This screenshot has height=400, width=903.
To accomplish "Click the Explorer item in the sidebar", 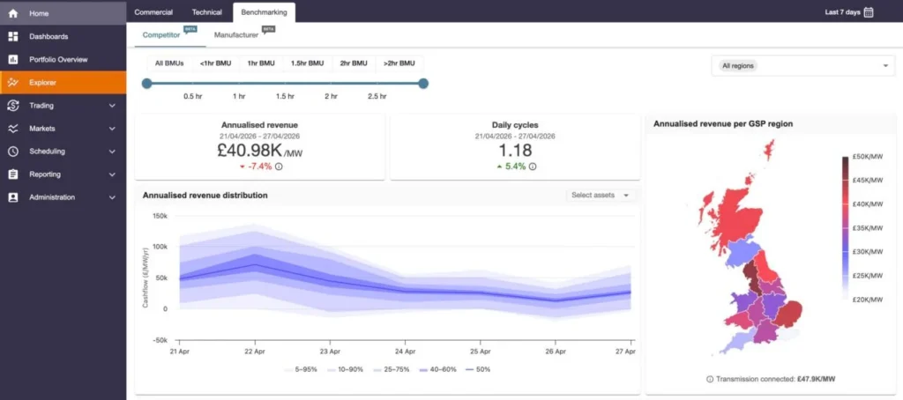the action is click(42, 82).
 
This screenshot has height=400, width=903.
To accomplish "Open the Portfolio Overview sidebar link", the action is click(58, 59).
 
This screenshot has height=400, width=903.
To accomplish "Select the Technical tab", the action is click(206, 12).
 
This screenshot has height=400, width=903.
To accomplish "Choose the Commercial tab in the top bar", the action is click(153, 12).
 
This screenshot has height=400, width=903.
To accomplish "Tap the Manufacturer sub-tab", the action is click(236, 35).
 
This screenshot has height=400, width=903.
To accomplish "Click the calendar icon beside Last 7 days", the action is click(869, 12).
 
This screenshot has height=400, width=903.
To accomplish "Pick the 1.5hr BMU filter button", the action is click(307, 63).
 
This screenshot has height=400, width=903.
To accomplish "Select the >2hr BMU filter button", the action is click(399, 63).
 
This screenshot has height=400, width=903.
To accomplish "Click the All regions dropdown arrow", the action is click(885, 65).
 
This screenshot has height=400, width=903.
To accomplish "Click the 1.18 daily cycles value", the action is click(515, 151).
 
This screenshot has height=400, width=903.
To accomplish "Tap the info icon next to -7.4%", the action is click(279, 167).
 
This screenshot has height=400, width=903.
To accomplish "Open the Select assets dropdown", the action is click(601, 195).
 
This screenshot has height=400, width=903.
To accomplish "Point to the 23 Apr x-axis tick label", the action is click(330, 351).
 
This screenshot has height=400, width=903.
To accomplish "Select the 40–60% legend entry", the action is click(437, 369).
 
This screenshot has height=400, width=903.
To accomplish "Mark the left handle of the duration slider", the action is click(147, 84).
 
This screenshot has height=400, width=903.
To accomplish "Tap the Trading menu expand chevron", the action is click(112, 106).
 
